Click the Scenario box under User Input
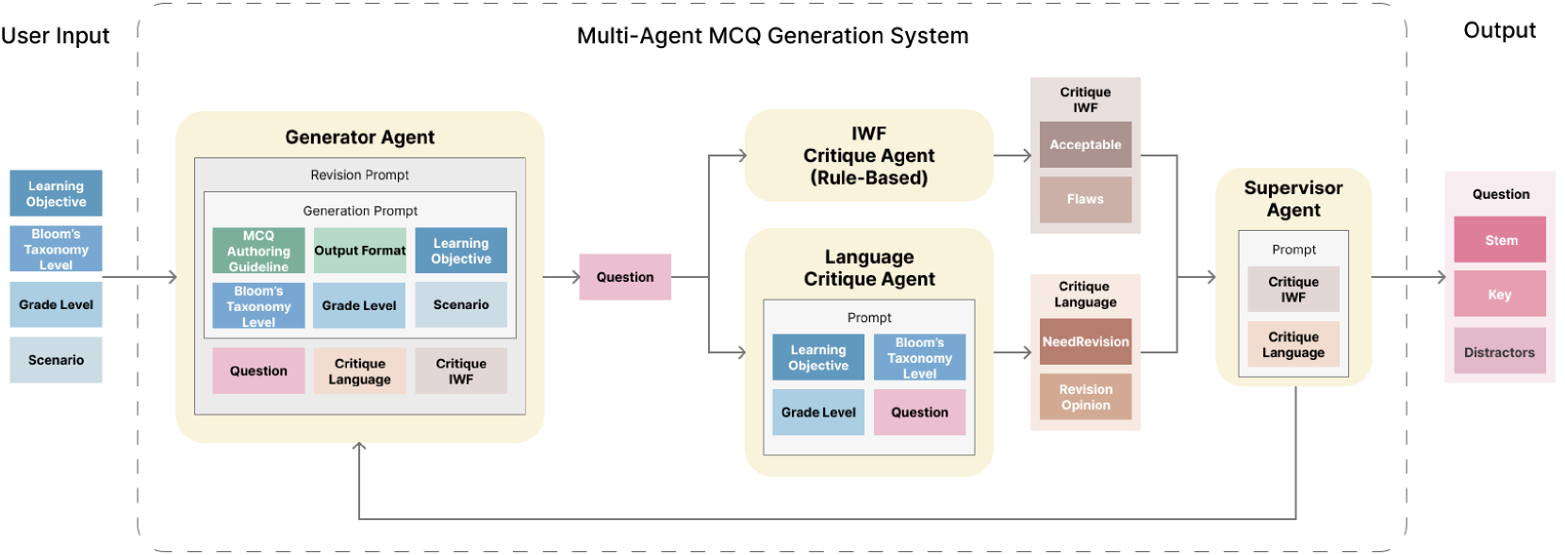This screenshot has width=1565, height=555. tap(56, 360)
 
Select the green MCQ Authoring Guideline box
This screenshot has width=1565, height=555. tap(258, 251)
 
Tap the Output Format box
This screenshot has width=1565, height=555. tap(360, 251)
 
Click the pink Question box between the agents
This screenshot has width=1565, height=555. tap(625, 277)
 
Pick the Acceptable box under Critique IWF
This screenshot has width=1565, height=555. tap(1086, 144)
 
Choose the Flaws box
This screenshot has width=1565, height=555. tap(1086, 199)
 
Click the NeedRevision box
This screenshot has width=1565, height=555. tap(1086, 341)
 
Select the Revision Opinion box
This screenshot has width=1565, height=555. tap(1086, 397)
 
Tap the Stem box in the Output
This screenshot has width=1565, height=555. tap(1500, 239)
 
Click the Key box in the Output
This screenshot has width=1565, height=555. tap(1500, 294)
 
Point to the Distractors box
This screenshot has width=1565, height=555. tap(1500, 351)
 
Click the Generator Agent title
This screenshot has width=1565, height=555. tap(360, 137)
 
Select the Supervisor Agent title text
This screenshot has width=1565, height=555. tap(1293, 198)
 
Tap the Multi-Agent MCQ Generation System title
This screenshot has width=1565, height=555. tap(773, 36)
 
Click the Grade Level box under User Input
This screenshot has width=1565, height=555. tap(56, 304)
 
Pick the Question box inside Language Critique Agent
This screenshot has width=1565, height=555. tap(919, 412)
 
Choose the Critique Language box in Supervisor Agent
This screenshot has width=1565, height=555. tap(1293, 344)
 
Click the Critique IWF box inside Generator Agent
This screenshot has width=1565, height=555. tap(461, 370)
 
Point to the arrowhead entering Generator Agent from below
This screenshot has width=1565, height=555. tap(359, 446)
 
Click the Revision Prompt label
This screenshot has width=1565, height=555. tap(360, 174)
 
